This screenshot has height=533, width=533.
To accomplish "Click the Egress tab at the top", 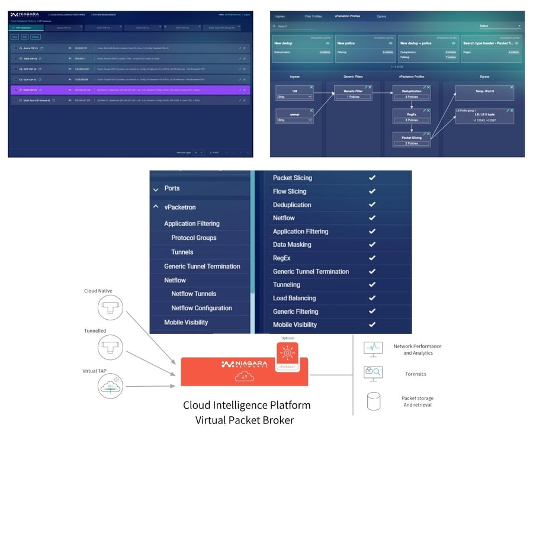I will (x=381, y=16).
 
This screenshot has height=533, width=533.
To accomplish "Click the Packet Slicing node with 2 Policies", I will (x=412, y=140).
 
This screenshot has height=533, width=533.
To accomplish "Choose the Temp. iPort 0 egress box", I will (x=484, y=91).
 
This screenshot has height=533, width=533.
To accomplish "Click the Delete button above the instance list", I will (x=36, y=37).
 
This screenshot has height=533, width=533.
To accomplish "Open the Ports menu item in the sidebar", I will (x=172, y=188).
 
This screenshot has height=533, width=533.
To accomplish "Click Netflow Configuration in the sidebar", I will (x=201, y=308).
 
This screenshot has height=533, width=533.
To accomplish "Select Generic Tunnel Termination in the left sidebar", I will (x=202, y=266).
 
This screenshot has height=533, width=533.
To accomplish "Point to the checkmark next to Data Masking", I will (x=372, y=245).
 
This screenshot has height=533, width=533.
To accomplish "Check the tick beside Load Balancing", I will (x=372, y=298).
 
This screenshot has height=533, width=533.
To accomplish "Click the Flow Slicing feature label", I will (x=290, y=191).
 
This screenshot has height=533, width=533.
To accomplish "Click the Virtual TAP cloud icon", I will (x=109, y=386).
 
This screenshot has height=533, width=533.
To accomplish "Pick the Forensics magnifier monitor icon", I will (x=373, y=373).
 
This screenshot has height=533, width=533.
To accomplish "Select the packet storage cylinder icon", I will (x=373, y=402).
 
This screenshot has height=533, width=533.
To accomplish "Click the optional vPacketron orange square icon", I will (x=287, y=354).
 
